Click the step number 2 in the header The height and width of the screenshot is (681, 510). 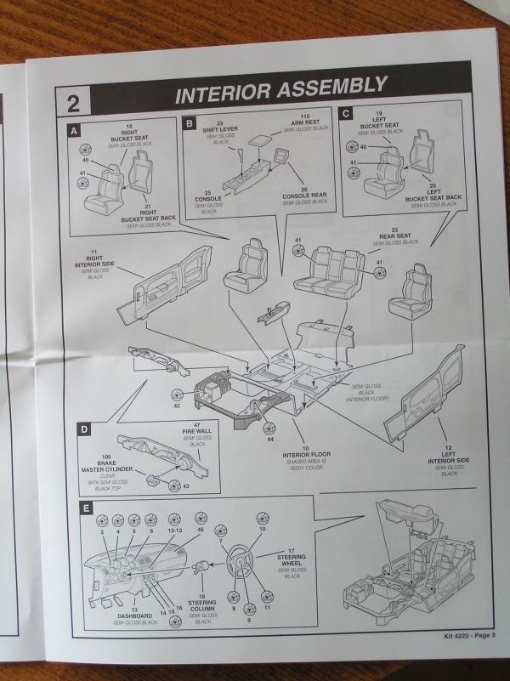(x=71, y=101)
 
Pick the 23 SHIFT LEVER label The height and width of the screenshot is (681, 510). (x=223, y=130)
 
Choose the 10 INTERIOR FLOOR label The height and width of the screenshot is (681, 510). (x=303, y=460)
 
